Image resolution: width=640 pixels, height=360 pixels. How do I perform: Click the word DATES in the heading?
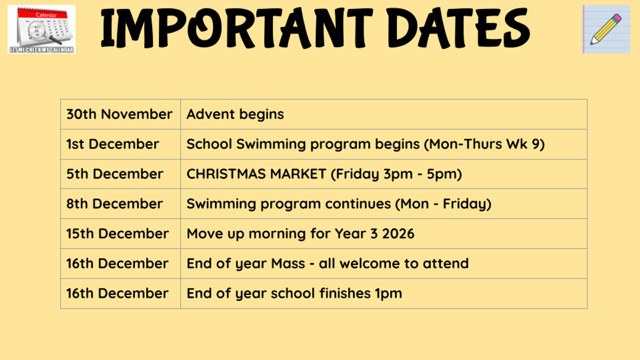pyautogui.click(x=458, y=28)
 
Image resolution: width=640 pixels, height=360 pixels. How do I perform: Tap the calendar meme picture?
pyautogui.click(x=42, y=29)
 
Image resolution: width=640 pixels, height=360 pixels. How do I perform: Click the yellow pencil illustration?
pyautogui.click(x=606, y=29)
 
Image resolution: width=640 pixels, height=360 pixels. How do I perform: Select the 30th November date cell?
pyautogui.click(x=121, y=114)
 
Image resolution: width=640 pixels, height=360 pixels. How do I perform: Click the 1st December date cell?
pyautogui.click(x=121, y=144)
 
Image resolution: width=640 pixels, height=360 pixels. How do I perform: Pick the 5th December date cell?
pyautogui.click(x=121, y=174)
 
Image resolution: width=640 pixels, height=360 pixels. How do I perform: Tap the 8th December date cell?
pyautogui.click(x=121, y=204)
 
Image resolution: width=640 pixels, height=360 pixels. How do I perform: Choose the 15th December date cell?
pyautogui.click(x=121, y=234)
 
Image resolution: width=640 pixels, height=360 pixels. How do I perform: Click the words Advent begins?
pyautogui.click(x=235, y=114)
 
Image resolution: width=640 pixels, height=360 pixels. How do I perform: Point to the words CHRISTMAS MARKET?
pyautogui.click(x=257, y=174)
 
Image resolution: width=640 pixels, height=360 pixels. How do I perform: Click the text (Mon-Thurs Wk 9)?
pyautogui.click(x=484, y=144)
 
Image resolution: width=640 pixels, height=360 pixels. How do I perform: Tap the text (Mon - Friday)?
pyautogui.click(x=443, y=204)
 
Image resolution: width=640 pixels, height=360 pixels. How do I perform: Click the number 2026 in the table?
pyautogui.click(x=398, y=234)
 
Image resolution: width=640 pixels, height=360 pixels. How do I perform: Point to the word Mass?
pyautogui.click(x=288, y=263)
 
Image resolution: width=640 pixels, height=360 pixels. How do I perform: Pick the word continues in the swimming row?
pyautogui.click(x=358, y=204)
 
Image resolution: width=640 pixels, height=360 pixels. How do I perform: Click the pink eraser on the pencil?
pyautogui.click(x=617, y=18)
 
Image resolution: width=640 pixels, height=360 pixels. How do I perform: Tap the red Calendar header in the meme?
pyautogui.click(x=42, y=14)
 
